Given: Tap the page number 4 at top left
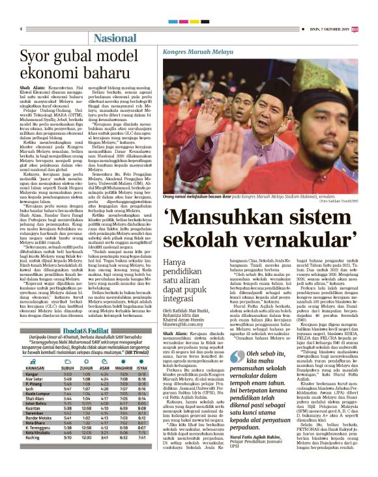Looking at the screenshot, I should pos(21,29).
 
